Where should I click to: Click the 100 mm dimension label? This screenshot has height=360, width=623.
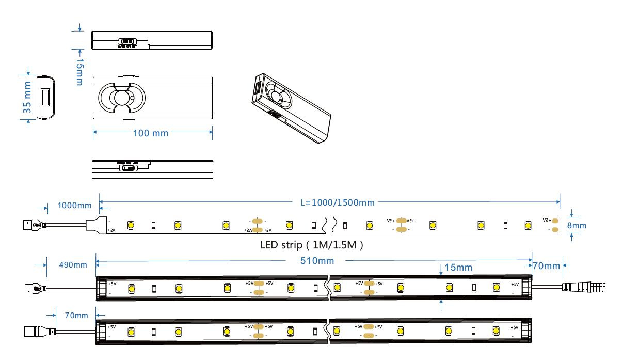(151, 133)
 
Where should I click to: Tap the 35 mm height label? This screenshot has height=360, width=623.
(28, 97)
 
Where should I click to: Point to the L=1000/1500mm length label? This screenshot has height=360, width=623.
(338, 202)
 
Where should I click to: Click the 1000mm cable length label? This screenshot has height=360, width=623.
(74, 206)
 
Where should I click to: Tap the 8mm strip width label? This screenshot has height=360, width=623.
(577, 226)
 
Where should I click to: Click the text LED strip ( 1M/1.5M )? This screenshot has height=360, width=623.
(312, 245)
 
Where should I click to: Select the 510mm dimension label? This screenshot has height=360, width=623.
(317, 261)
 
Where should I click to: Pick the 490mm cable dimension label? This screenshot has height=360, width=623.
(72, 265)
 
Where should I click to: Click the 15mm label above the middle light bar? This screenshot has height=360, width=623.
(458, 268)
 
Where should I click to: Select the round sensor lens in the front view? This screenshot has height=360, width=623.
(121, 98)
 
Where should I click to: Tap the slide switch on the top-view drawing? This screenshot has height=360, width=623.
(126, 41)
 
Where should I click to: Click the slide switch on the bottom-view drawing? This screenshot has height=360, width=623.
(127, 168)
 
